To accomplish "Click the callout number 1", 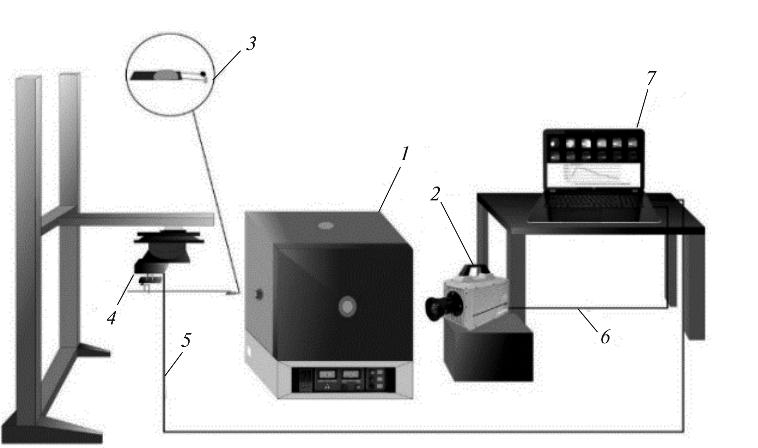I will [x=405, y=155].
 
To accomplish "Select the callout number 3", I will [x=251, y=44].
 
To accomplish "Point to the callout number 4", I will [x=112, y=318].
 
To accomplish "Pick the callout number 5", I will [x=185, y=340].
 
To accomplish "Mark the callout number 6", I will [x=605, y=337].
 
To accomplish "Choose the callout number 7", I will [x=651, y=78].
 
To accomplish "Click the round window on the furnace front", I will [x=347, y=306].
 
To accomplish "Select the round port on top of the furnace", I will [x=325, y=226].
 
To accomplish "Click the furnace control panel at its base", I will [x=343, y=380].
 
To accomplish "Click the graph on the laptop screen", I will [x=593, y=176].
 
